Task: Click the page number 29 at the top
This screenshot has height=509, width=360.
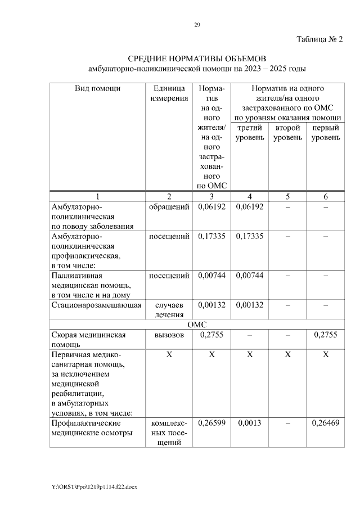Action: tap(197, 25)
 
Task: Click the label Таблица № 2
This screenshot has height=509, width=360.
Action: tap(319, 39)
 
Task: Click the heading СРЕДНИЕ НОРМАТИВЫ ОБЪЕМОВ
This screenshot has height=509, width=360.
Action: tap(197, 59)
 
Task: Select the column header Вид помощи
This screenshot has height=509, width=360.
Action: tap(98, 88)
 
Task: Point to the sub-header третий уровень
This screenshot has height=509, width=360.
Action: tap(250, 133)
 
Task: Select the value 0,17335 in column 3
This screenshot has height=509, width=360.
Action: tap(211, 236)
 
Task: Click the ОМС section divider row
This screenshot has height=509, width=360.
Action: tap(197, 325)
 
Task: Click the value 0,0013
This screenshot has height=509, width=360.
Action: tap(250, 422)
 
